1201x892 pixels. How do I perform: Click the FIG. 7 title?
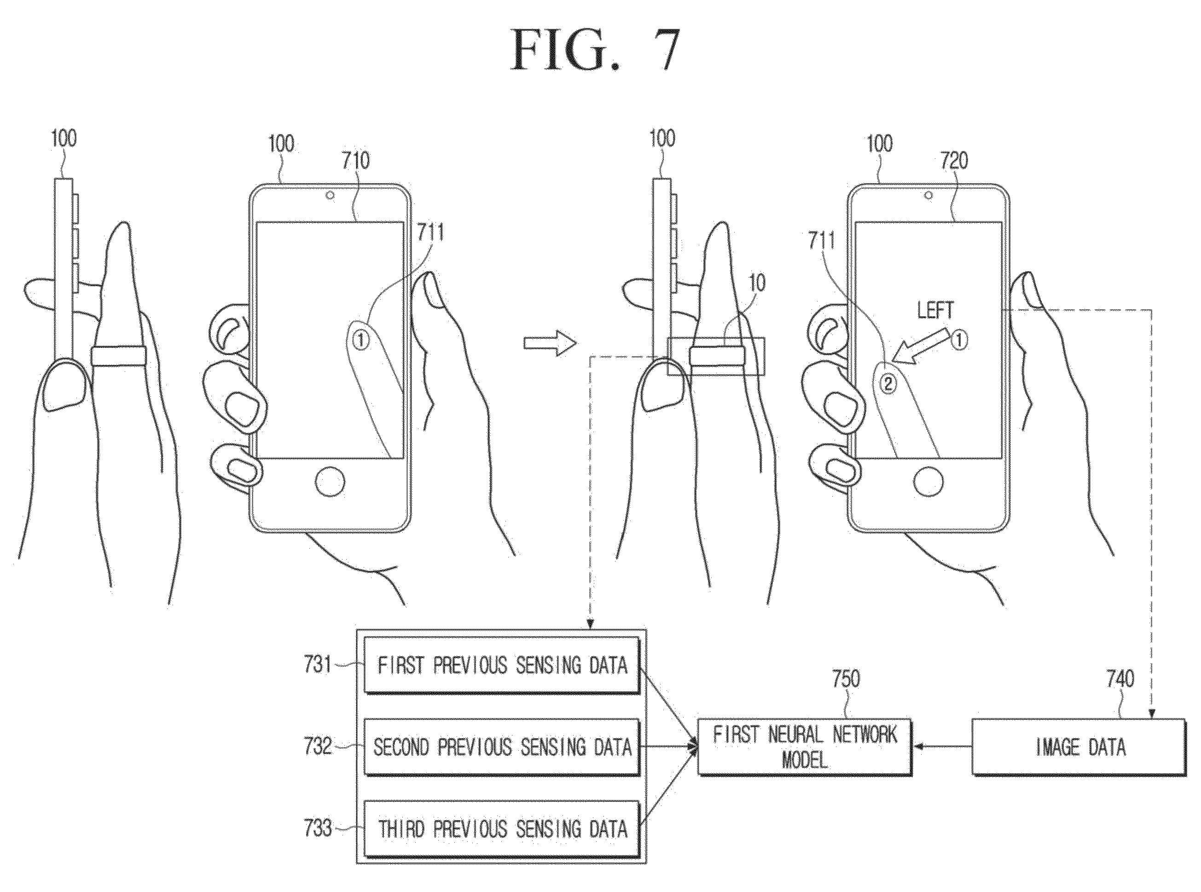pos(595,49)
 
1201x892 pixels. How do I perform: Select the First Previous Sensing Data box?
pos(502,665)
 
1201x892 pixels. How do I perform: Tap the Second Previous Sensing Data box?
pos(502,747)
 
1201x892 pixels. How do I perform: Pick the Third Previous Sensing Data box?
pos(502,829)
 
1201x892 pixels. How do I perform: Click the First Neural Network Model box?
pos(805,747)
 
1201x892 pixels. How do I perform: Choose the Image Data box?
pos(1079,747)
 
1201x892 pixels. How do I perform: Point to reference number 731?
pos(318,665)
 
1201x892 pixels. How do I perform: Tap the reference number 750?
pos(846,679)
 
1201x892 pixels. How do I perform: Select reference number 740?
pos(1120,679)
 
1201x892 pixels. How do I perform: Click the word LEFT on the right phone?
pos(935,311)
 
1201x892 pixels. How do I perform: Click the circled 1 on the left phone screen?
pos(361,340)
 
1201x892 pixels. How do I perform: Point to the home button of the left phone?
pos(330,481)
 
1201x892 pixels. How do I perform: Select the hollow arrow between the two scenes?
pos(550,343)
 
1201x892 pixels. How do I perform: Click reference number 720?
pos(954,160)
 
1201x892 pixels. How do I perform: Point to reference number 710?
pos(355,160)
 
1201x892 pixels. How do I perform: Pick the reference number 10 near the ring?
pos(757,283)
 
